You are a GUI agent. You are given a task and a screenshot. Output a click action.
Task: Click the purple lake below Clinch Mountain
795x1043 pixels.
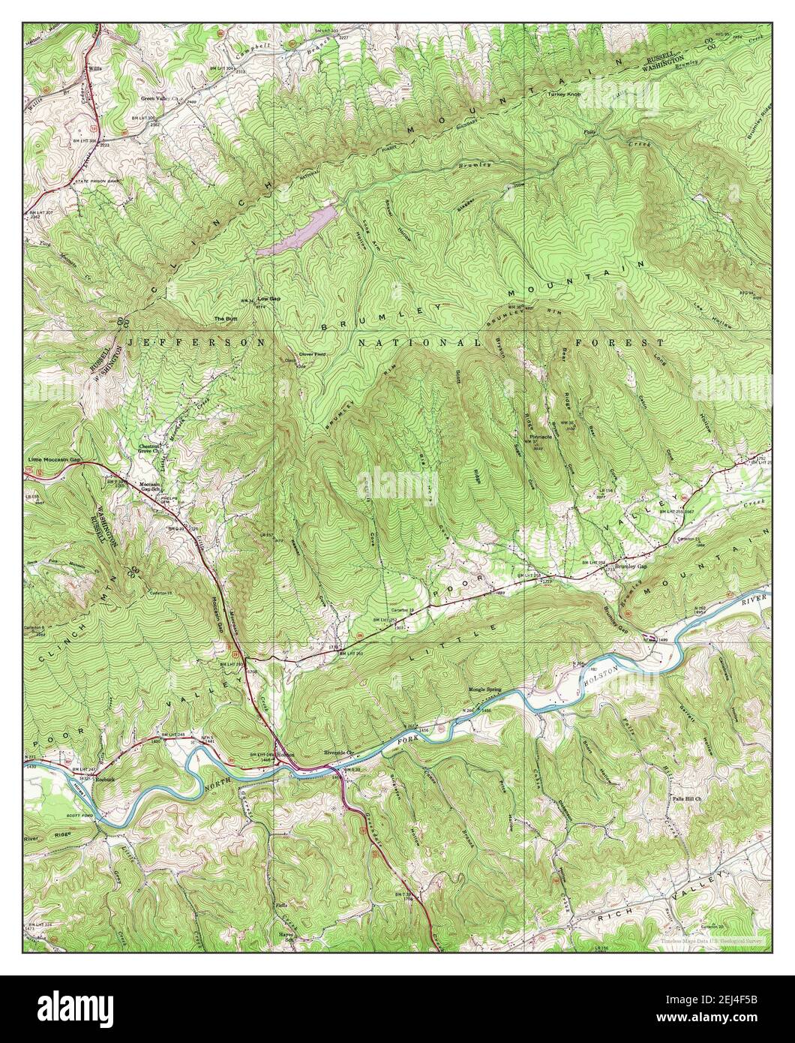click(x=296, y=232)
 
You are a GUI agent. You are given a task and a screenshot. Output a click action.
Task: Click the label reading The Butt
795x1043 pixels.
click(x=225, y=319)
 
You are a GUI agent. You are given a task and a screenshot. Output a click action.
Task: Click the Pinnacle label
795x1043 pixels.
click(x=540, y=436)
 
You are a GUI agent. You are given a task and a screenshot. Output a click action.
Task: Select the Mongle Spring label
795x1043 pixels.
click(x=484, y=687)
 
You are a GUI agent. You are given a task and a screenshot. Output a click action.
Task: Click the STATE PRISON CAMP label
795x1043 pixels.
click(x=95, y=182)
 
